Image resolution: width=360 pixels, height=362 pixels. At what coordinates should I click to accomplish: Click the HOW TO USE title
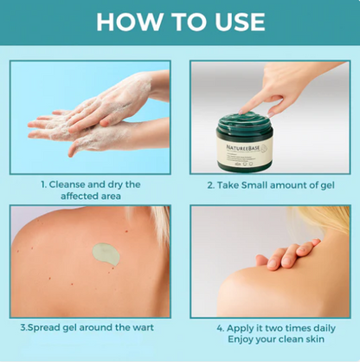[x=180, y=21]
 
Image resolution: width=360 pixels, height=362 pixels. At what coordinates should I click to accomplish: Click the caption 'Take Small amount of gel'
[x=270, y=184]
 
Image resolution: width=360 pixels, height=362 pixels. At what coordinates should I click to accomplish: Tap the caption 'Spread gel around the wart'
[x=90, y=328]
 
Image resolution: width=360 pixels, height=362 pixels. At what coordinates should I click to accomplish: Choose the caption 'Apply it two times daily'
[x=270, y=328]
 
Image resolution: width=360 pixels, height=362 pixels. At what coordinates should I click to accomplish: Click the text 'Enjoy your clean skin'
[x=270, y=340]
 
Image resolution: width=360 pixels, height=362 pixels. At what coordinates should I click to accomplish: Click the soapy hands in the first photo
[x=95, y=117]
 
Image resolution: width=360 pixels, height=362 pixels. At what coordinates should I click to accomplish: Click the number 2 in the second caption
[x=210, y=184]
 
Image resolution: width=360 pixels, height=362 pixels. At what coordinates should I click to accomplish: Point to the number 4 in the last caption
[x=218, y=328]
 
